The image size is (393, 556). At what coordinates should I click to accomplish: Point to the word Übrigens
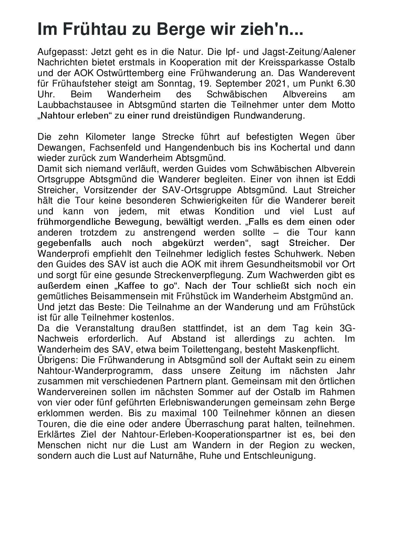coord(58,360)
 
